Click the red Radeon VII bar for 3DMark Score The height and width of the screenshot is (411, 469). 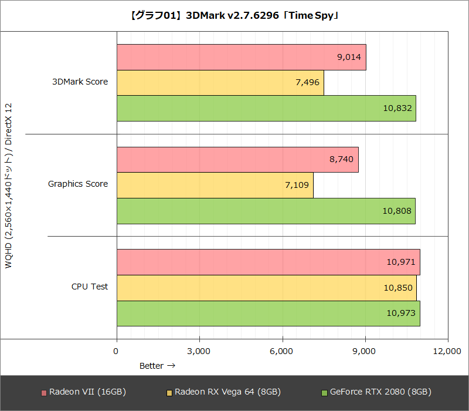point(241,57)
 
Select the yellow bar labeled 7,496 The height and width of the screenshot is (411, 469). point(220,83)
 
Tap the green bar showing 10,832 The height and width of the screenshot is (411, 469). point(266,109)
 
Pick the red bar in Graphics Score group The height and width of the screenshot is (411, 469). point(237,160)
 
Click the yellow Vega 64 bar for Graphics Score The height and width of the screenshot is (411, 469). point(215,186)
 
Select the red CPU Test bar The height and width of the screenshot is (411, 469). point(268,262)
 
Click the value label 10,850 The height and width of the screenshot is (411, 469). point(399,288)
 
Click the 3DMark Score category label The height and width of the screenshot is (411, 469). point(80,82)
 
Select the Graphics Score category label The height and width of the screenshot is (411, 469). point(78,184)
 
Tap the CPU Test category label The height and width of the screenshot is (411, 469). point(90,287)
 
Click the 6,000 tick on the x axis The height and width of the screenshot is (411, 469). point(282,351)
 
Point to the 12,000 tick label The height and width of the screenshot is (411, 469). point(447,351)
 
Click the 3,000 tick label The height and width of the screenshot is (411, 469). point(199,351)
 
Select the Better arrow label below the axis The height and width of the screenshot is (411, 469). point(157,366)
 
